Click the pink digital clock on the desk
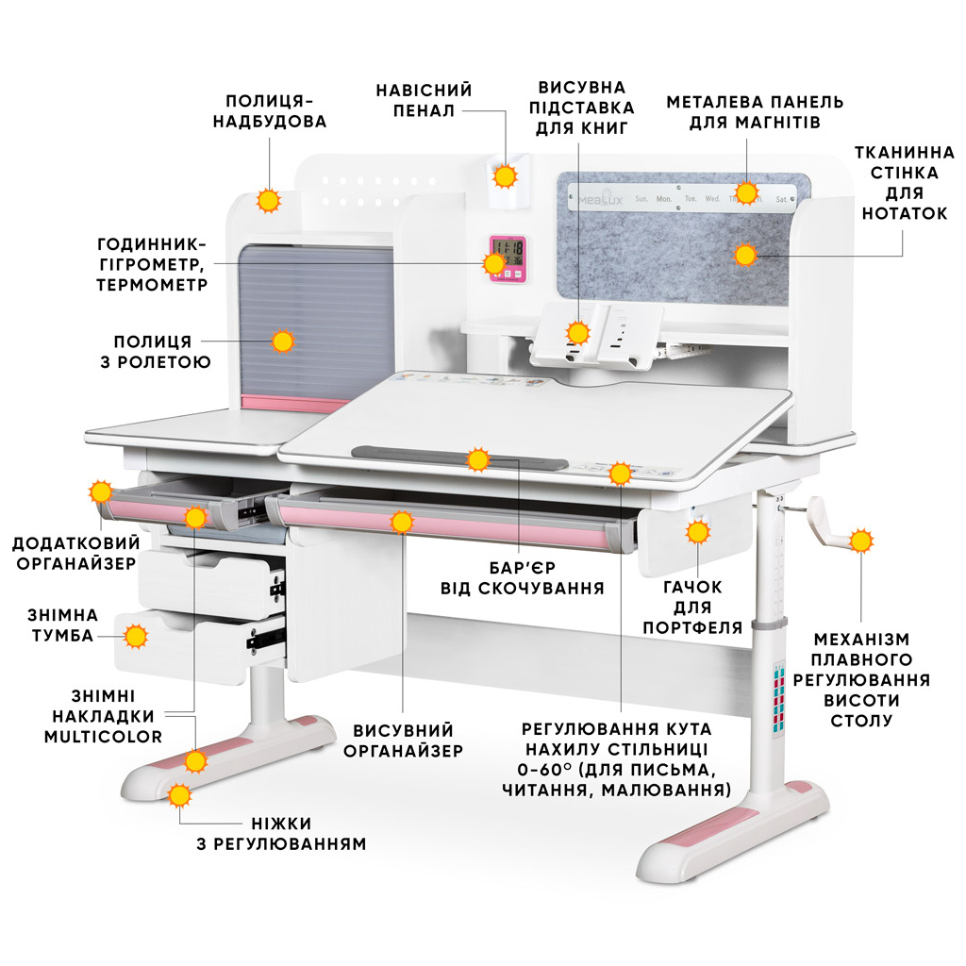point(507,258)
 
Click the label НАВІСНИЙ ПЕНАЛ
point(424,100)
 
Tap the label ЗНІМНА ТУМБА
point(60,625)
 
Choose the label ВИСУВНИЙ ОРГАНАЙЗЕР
point(403,741)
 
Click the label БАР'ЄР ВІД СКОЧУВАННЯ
point(522,577)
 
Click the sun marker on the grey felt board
point(745,254)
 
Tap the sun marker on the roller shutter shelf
point(282,341)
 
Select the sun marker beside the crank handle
point(860,541)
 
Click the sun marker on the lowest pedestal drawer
point(137,637)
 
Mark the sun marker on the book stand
point(578,332)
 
